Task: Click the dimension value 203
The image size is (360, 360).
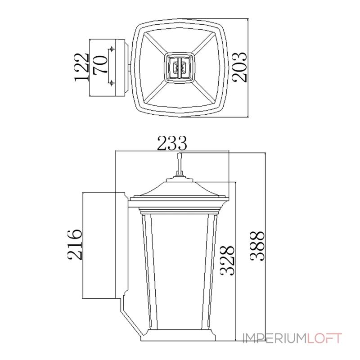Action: [239, 67]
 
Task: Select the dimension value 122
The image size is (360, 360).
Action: [81, 67]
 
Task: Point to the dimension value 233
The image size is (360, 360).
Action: [172, 143]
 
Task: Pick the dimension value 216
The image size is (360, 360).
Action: [75, 244]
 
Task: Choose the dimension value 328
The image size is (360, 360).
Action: [227, 261]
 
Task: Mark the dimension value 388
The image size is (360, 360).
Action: [257, 246]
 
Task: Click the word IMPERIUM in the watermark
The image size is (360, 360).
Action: [275, 338]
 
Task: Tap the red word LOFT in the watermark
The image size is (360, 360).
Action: [324, 338]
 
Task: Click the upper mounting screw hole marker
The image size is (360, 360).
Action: [112, 49]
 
